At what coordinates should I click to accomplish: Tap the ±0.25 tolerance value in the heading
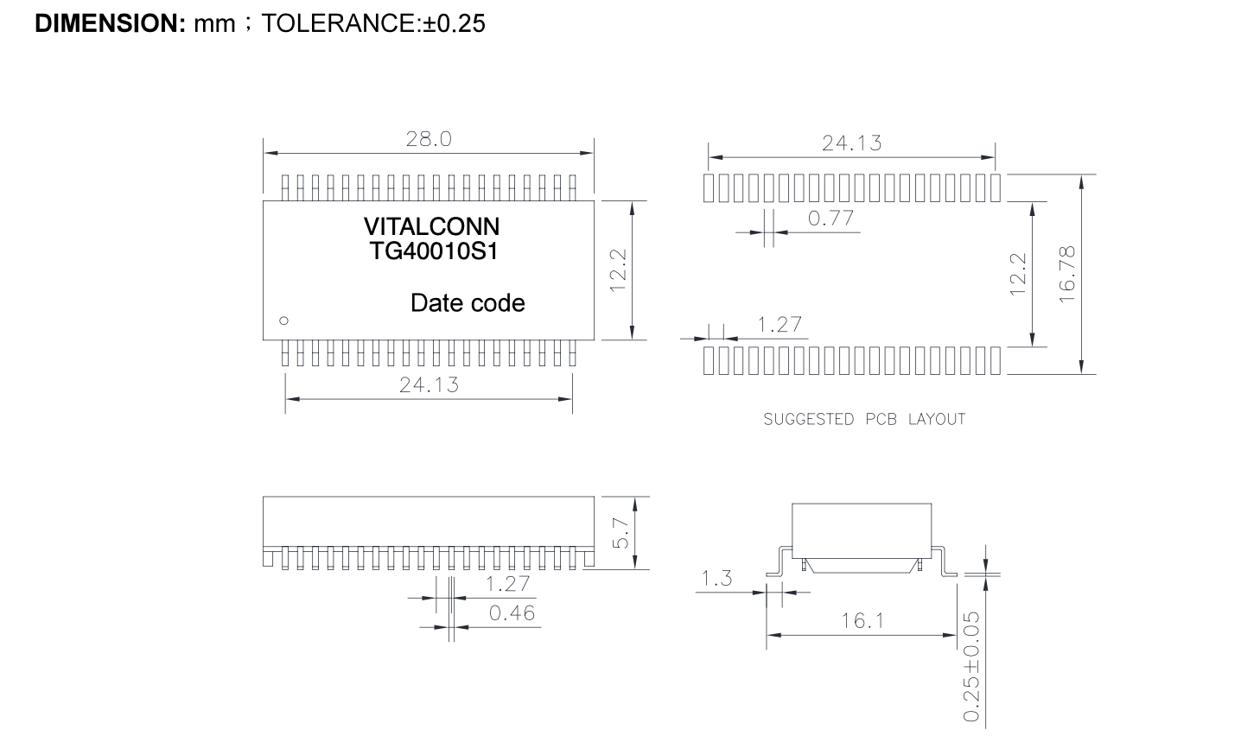click(x=454, y=23)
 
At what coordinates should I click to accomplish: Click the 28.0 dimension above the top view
click(x=429, y=139)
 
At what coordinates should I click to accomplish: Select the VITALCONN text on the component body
click(x=431, y=226)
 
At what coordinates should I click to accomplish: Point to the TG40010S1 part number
click(x=434, y=251)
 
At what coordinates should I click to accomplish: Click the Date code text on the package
click(x=468, y=303)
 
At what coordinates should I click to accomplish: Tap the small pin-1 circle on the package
click(x=284, y=320)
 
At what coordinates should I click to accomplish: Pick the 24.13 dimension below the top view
click(x=429, y=385)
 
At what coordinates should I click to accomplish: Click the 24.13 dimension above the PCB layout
click(x=851, y=143)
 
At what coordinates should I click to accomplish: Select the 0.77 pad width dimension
click(x=830, y=219)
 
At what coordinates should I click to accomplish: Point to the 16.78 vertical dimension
click(x=1066, y=275)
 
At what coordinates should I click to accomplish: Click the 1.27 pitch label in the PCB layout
click(x=780, y=325)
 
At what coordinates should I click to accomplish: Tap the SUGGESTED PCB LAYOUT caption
click(x=864, y=419)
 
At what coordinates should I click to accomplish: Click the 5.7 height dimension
click(x=620, y=533)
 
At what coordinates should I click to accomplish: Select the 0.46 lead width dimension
click(x=512, y=612)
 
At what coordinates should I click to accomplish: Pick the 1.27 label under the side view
click(x=507, y=584)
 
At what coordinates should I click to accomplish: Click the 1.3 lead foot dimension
click(x=716, y=579)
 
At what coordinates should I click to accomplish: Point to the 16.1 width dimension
click(x=862, y=621)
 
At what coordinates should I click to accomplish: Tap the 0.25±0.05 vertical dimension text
click(x=971, y=667)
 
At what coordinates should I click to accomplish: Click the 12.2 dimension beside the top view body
click(x=618, y=270)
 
